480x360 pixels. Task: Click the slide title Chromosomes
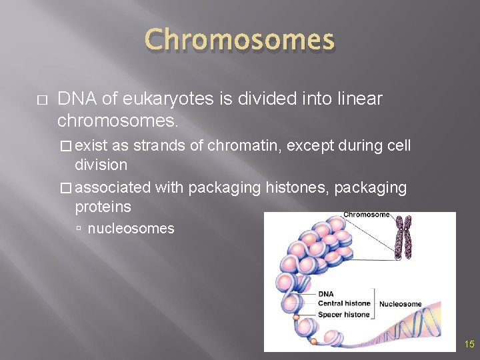pyautogui.click(x=239, y=40)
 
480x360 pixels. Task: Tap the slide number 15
pyautogui.click(x=469, y=345)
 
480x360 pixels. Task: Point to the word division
pyautogui.click(x=101, y=164)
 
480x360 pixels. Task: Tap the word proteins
pyautogui.click(x=103, y=207)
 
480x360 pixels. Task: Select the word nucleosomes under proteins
pyautogui.click(x=131, y=229)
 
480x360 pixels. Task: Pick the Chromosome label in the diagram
pyautogui.click(x=366, y=215)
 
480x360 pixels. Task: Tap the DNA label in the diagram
pyautogui.click(x=326, y=294)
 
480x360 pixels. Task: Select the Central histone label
pyautogui.click(x=344, y=304)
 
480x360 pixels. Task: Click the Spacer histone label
pyautogui.click(x=343, y=314)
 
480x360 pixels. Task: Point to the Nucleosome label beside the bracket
pyautogui.click(x=400, y=304)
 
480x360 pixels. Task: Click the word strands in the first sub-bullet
pyautogui.click(x=157, y=145)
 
